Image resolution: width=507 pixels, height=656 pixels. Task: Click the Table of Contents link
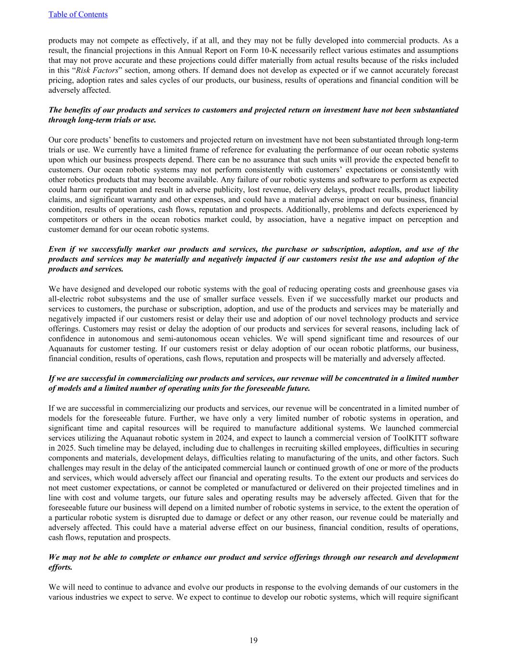pyautogui.click(x=78, y=14)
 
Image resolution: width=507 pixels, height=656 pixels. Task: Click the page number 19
pyautogui.click(x=253, y=640)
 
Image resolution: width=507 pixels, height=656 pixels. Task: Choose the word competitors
pyautogui.click(x=70, y=219)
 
